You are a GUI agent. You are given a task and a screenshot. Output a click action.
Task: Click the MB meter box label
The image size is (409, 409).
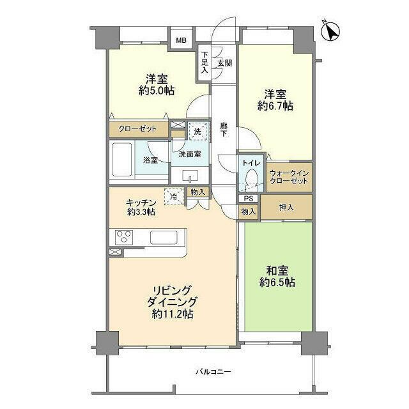(x=181, y=41)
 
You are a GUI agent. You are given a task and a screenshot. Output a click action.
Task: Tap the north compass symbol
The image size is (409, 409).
(x=332, y=31)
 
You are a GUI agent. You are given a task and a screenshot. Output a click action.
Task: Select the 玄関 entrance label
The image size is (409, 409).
(x=224, y=63)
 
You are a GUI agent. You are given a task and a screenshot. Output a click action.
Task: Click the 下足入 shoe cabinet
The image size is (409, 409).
(x=204, y=63)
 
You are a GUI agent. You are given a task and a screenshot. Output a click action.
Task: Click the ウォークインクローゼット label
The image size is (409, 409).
(x=289, y=177)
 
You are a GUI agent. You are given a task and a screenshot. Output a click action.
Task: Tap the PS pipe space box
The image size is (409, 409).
(x=247, y=199)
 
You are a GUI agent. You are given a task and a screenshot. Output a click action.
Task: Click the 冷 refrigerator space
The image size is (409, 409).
(x=173, y=196)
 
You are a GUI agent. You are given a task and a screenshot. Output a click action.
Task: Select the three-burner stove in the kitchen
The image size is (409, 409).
(x=124, y=237)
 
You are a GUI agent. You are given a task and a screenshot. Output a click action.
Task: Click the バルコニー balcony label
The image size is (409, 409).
(x=213, y=372)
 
